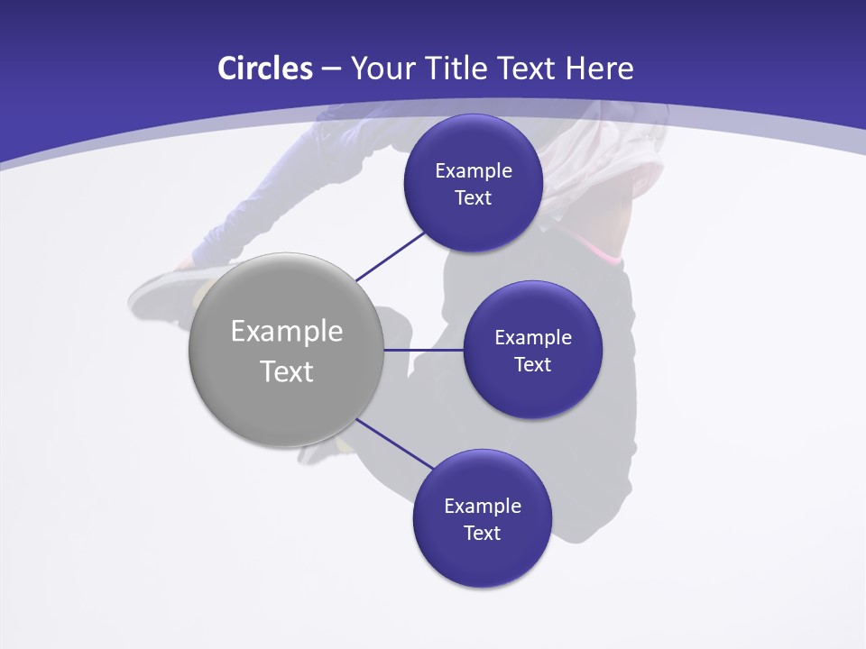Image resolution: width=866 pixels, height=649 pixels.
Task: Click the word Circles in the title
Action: coord(264,69)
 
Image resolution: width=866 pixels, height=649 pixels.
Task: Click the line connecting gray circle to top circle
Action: coord(391,255)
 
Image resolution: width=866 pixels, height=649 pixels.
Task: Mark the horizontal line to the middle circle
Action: coord(423,350)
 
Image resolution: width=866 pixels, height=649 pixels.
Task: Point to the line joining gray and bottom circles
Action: coord(394,443)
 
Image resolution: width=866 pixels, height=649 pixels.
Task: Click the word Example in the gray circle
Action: coord(287,331)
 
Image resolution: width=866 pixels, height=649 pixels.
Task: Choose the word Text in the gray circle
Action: coord(287,371)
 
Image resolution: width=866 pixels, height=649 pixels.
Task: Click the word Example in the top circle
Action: coord(474,170)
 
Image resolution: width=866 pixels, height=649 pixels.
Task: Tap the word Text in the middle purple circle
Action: coord(532,364)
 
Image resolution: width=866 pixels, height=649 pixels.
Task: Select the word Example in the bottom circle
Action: coord(483,506)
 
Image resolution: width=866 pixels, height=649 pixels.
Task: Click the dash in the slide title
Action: coord(331,69)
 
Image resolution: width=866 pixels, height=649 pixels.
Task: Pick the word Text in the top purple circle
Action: coord(473,197)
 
